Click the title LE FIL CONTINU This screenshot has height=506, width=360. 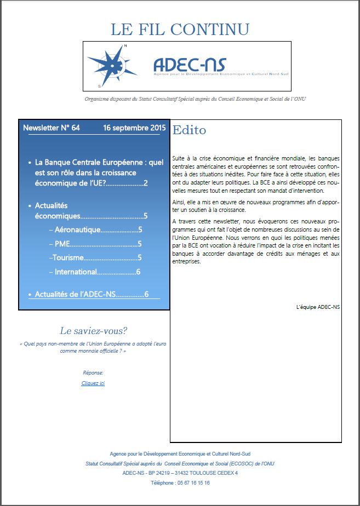point(180,29)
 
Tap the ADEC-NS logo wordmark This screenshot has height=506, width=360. point(190,65)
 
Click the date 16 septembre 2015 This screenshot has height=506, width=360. point(134,128)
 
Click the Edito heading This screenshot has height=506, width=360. point(189,130)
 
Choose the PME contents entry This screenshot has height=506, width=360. point(61,244)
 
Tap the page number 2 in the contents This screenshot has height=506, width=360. point(146,182)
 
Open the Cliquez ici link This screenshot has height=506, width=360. point(93,383)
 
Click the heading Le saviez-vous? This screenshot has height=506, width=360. point(93,331)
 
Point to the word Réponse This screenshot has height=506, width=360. point(93,372)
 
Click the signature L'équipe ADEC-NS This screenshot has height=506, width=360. point(317,307)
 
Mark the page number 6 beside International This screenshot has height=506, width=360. point(139,272)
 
